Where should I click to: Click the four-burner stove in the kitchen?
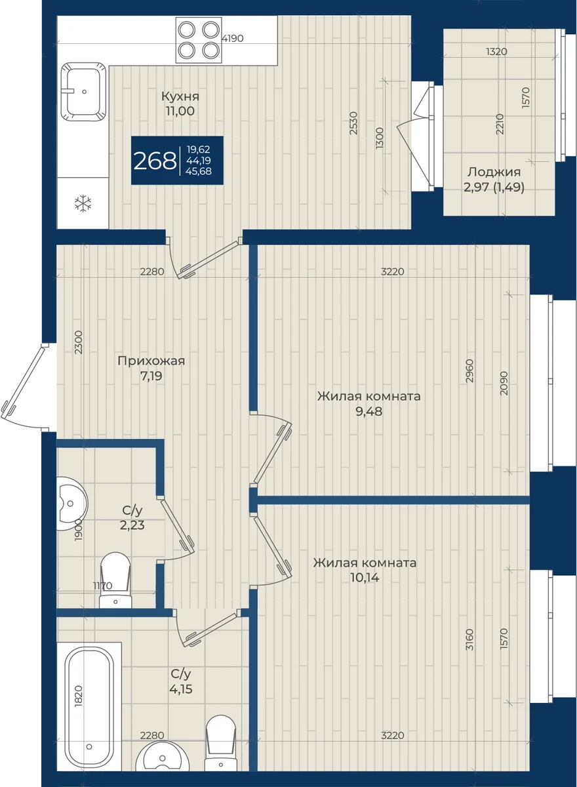pos(199,40)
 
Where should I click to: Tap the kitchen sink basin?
pos(83,92)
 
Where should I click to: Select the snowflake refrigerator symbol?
pos(83,204)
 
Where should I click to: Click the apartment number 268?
pos(155,161)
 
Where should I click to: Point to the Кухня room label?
pos(180,96)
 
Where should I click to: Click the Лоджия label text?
pos(494,172)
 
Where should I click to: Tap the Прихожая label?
pos(151,361)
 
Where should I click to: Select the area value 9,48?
pos(368,411)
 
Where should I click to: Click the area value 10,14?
pos(365,577)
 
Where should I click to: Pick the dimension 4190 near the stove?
pos(233,38)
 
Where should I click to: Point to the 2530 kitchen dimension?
pos(353,123)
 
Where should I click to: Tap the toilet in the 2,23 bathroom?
pos(115,581)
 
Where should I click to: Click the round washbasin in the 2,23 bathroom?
pos(72,504)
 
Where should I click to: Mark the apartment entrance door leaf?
pos(25,380)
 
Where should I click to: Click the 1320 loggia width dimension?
pos(496,52)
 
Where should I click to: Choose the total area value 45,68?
pos(199,171)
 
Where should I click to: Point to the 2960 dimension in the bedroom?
pos(469,371)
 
